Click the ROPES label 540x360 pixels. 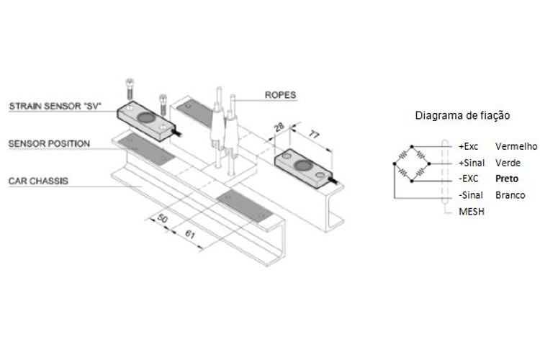280,95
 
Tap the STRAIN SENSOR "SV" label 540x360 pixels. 55,106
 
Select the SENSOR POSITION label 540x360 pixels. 49,144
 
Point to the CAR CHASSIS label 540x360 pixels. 38,181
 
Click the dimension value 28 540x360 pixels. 279,127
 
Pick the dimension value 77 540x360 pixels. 313,134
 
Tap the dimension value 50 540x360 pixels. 163,218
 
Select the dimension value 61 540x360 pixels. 190,234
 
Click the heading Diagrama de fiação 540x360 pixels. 462,115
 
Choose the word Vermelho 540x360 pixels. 516,146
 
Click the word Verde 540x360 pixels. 508,163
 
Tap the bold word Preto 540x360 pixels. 507,179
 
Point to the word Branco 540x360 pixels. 510,195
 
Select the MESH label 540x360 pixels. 472,212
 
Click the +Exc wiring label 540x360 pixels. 469,146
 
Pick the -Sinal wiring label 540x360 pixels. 471,195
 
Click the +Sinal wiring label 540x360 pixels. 472,163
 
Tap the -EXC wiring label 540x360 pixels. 469,179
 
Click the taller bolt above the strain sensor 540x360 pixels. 130,89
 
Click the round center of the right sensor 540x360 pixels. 303,166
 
